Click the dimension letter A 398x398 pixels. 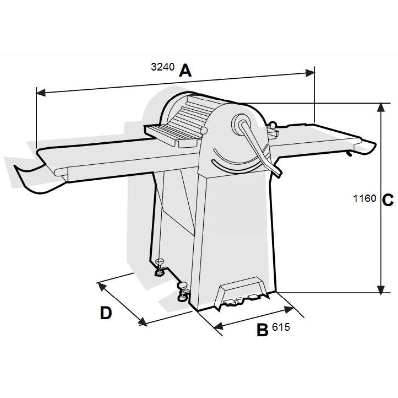(185, 71)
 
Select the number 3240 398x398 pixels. (163, 67)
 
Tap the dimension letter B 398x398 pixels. (262, 330)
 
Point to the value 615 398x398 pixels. (281, 327)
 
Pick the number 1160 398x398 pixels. (365, 198)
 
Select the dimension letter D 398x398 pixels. (106, 313)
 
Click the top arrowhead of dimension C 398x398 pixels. (380, 107)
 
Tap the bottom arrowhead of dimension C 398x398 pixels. (380, 290)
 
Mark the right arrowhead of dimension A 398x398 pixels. (310, 73)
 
